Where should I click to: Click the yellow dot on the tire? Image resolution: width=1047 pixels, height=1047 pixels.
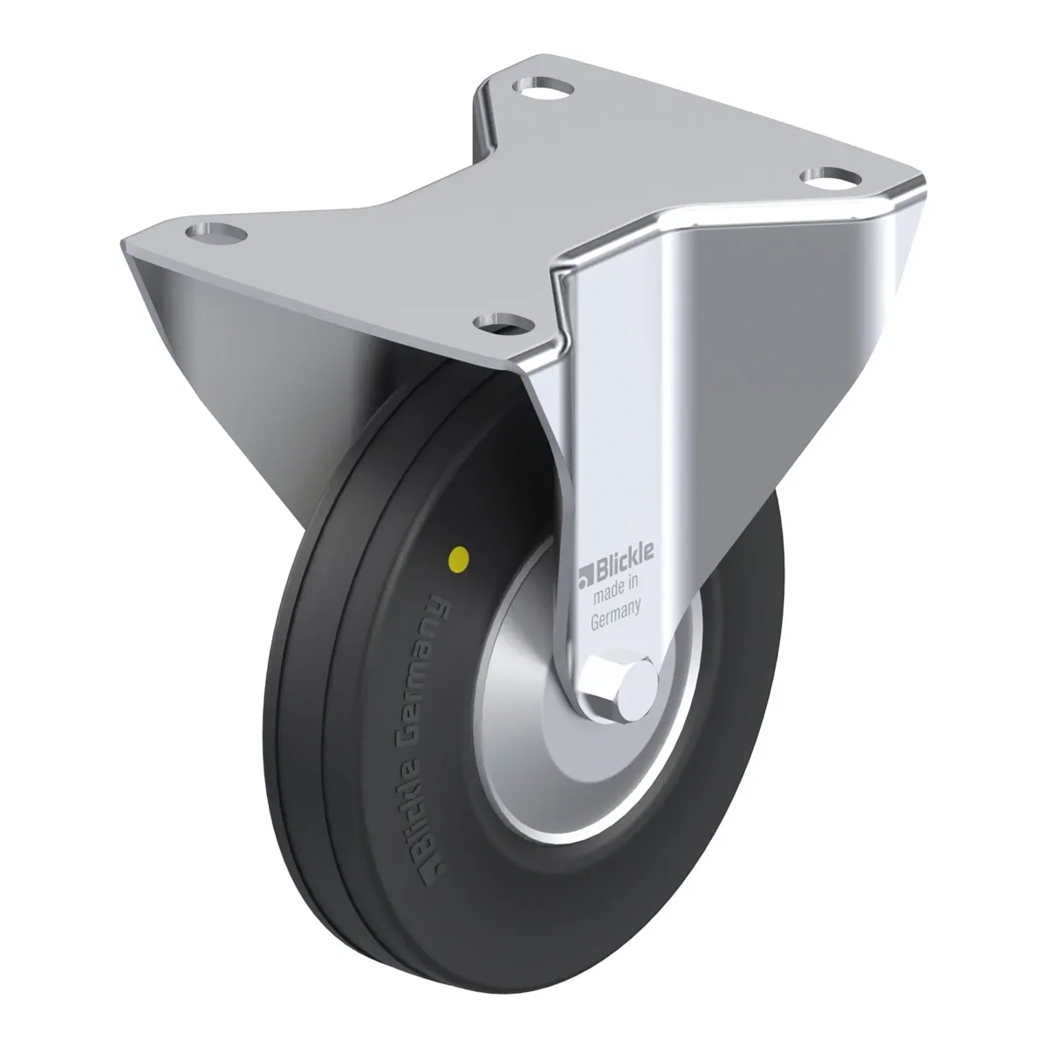[x=459, y=556]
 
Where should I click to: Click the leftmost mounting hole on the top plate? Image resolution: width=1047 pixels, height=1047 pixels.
[x=216, y=233]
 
